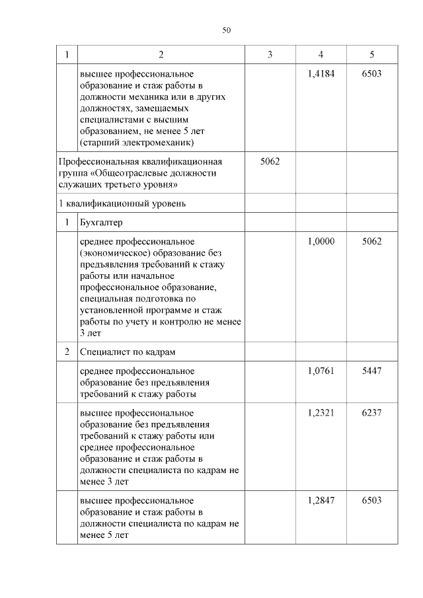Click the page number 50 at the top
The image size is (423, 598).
click(x=226, y=30)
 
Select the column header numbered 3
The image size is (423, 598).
click(x=270, y=55)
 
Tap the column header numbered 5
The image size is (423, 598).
click(x=371, y=55)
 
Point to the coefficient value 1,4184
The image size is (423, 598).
click(x=321, y=73)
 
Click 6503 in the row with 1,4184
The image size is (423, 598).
click(x=371, y=73)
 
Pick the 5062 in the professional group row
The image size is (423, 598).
click(x=270, y=161)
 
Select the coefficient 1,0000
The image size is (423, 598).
click(x=321, y=241)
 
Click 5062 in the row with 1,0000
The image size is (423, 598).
click(x=371, y=241)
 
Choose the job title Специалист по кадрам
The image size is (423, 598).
click(x=128, y=352)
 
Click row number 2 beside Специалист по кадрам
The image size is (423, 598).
click(x=67, y=352)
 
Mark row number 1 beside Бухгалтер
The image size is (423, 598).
click(x=67, y=223)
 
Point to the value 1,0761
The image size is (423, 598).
click(x=321, y=371)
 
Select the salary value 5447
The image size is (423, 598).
click(x=371, y=371)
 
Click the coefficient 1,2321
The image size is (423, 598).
click(x=321, y=412)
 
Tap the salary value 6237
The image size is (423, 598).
click(x=371, y=412)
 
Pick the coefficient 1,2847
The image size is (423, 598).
click(x=321, y=500)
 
